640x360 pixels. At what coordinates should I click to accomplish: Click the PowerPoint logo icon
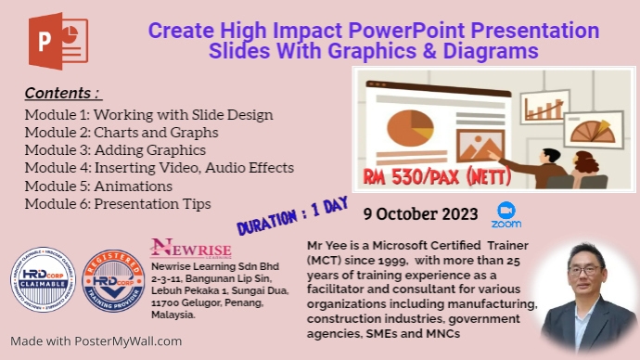coord(58,41)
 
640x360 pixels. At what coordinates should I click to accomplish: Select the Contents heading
coord(62,94)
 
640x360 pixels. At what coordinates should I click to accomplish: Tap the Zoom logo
coord(506,215)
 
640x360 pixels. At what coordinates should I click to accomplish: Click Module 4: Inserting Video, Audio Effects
coord(159,168)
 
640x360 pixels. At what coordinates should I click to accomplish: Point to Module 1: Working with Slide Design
coord(148,115)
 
